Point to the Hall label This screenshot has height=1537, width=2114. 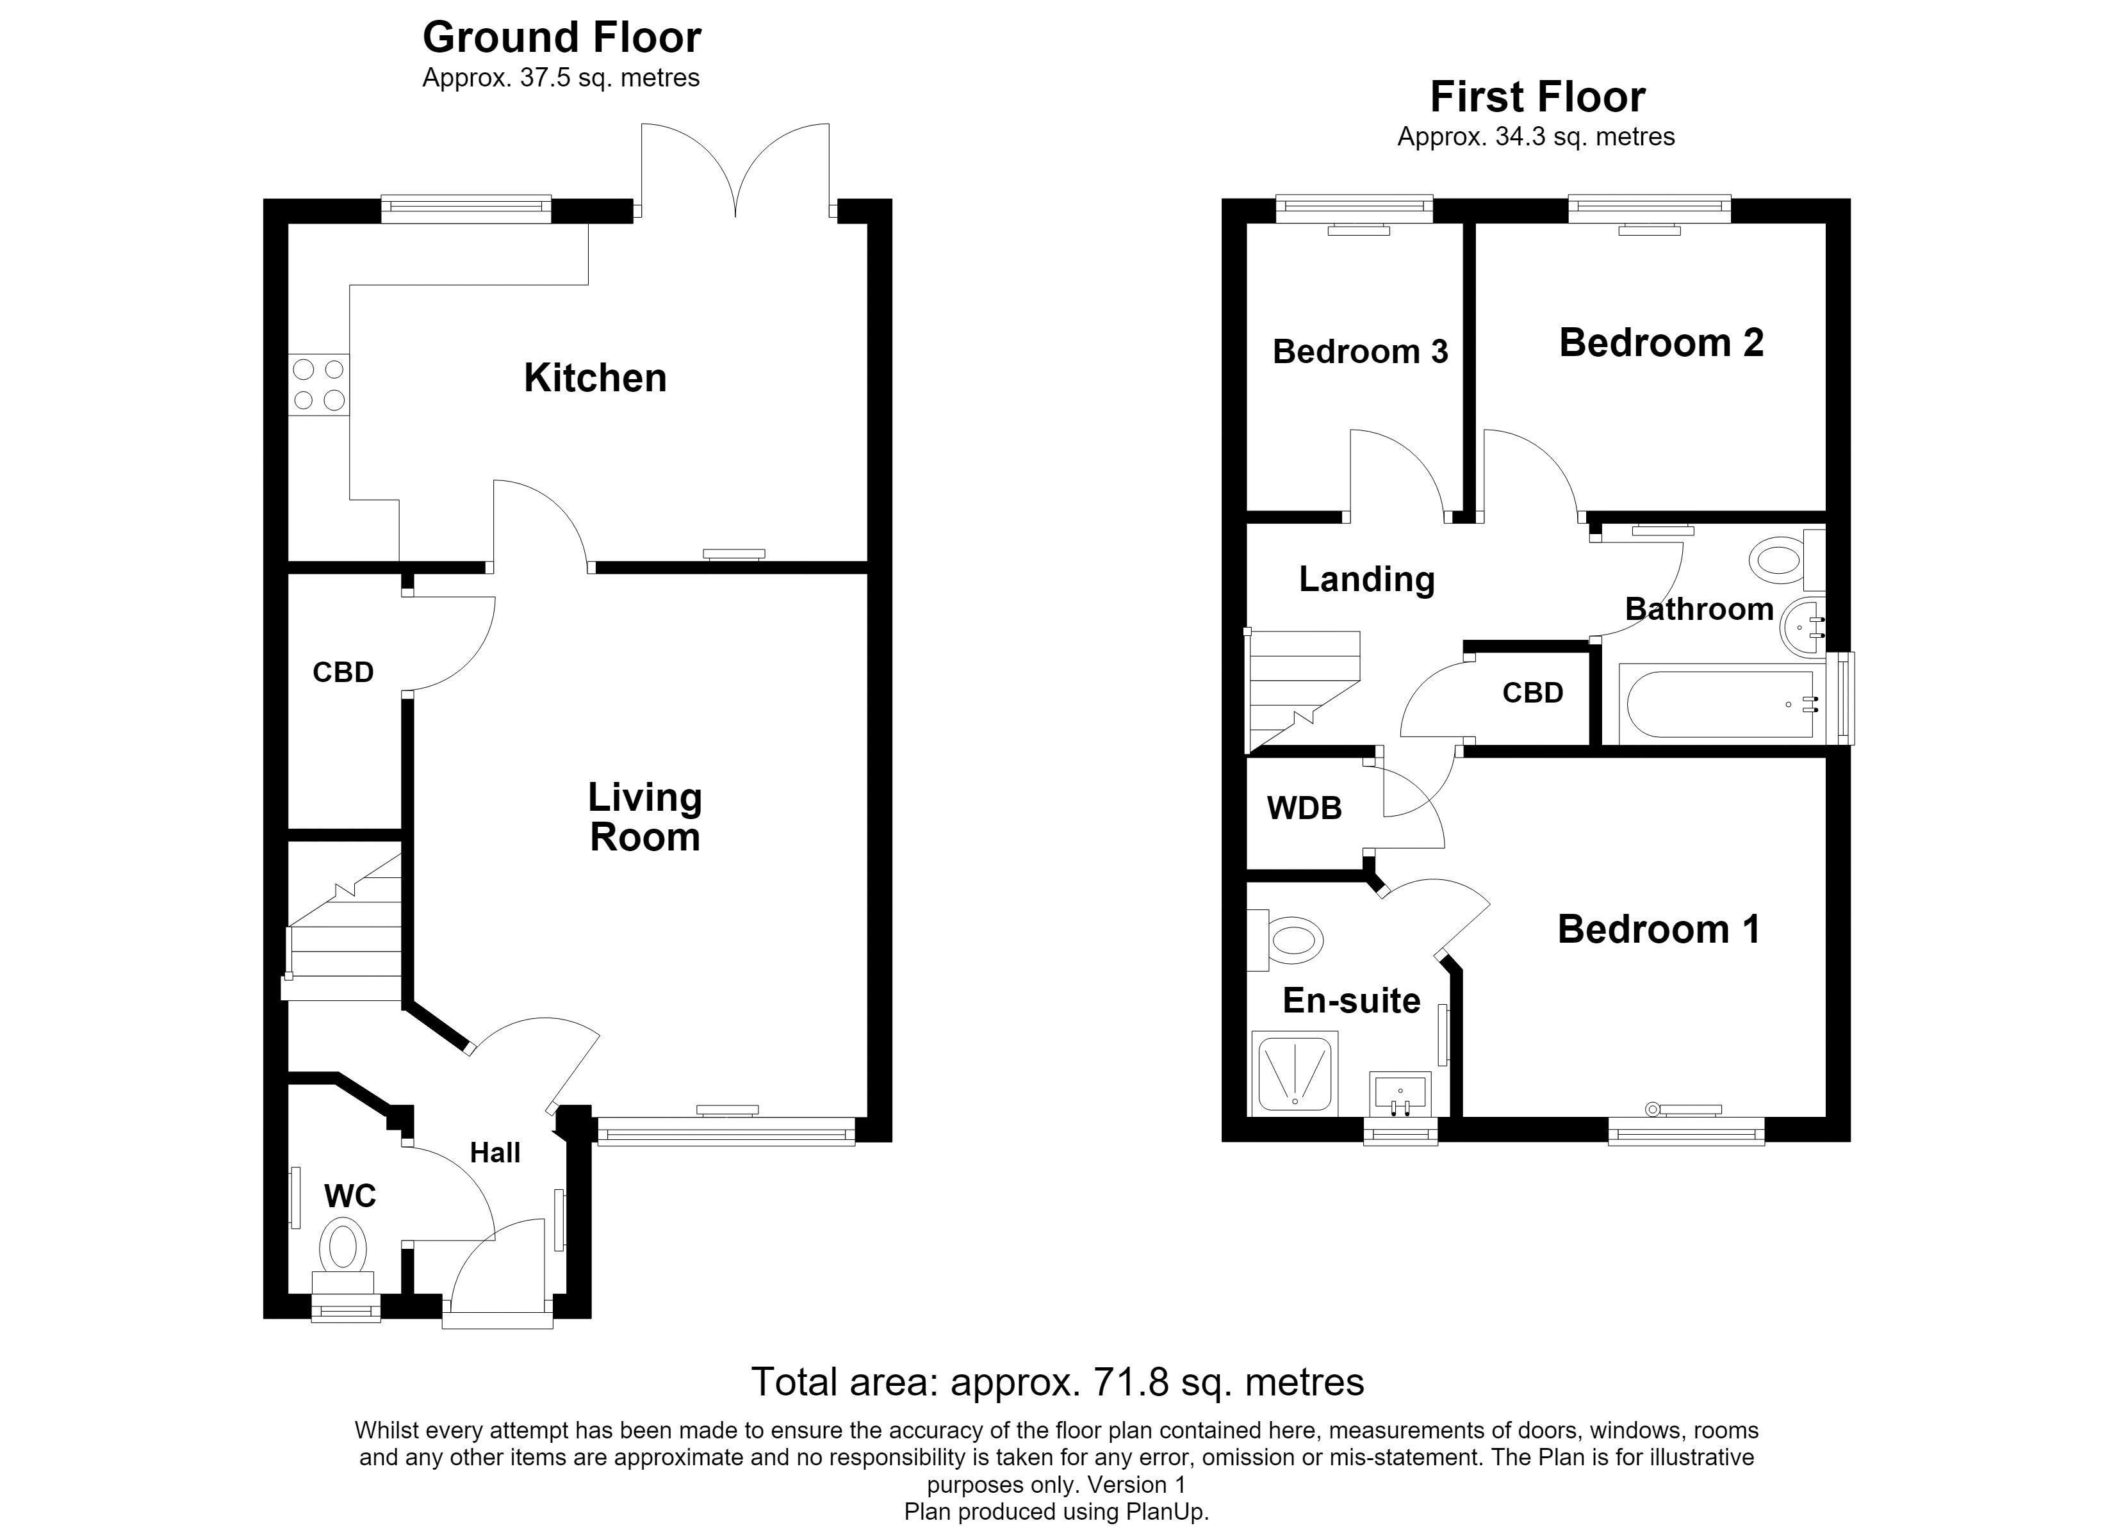[495, 1153]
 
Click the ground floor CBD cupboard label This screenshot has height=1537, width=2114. [343, 672]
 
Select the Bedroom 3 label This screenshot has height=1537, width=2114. [1360, 352]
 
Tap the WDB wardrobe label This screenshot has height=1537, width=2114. [1304, 808]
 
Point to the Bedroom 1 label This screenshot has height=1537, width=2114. [1659, 929]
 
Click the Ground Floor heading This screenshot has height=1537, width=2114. [561, 37]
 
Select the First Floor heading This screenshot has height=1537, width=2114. [1538, 97]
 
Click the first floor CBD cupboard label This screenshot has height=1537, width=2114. [1532, 692]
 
